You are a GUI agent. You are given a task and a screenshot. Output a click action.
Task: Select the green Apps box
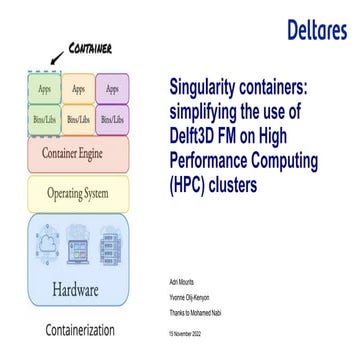pos(44,88)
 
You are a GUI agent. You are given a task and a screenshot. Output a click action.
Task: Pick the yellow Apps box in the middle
pos(78,88)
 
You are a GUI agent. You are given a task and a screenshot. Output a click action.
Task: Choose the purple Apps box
pos(112,88)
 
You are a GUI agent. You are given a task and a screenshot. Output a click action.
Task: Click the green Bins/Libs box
pos(44,118)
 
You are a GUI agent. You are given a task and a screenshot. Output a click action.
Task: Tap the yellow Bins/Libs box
pos(78,118)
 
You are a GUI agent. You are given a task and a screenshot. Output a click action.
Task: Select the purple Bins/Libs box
pos(112,118)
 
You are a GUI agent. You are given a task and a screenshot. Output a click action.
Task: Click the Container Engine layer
pos(78,154)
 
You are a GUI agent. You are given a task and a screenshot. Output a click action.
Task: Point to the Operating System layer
pos(78,193)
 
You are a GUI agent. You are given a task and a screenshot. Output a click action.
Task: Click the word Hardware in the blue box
pos(78,292)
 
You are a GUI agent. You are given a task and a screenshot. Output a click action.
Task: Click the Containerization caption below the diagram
pos(79,329)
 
